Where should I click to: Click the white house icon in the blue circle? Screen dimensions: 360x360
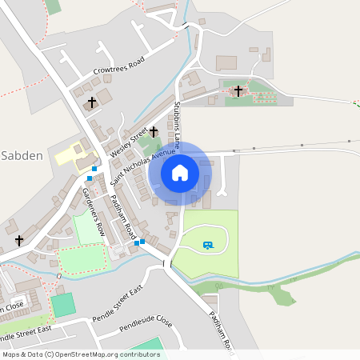tap(180, 172)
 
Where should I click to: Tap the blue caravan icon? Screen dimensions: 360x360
tap(208, 245)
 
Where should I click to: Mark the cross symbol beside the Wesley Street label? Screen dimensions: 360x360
tap(153, 131)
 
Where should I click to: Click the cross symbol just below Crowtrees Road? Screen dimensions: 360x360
tap(92, 102)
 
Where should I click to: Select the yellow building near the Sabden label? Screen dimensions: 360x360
tap(72, 153)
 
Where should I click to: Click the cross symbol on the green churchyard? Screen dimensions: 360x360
tap(238, 91)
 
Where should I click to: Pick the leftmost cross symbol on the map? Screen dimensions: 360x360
tap(19, 239)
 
